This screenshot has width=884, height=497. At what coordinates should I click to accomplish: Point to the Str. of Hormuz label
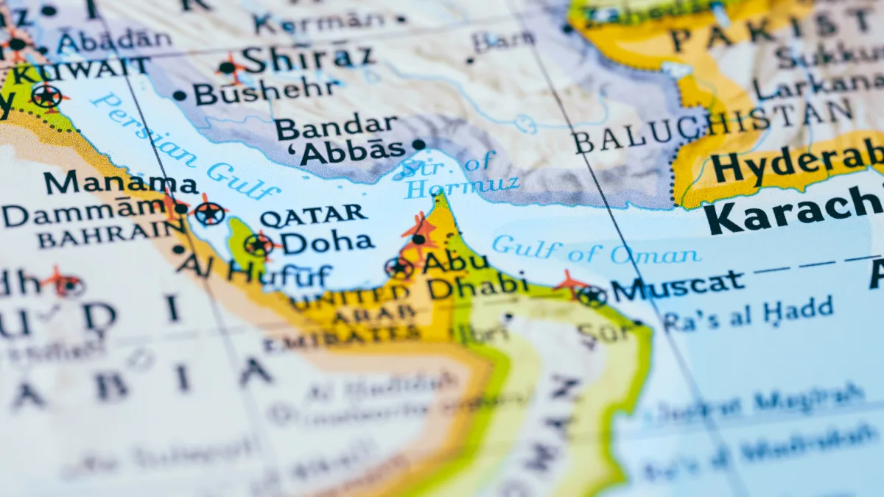click(x=457, y=176)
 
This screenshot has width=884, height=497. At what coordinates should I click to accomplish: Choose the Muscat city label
click(x=678, y=285)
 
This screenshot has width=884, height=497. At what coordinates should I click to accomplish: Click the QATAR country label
click(x=313, y=216)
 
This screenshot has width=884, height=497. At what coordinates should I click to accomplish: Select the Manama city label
click(x=121, y=183)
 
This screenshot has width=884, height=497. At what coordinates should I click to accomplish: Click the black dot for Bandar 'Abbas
click(x=419, y=144)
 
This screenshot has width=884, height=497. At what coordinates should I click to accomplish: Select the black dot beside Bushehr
click(x=179, y=95)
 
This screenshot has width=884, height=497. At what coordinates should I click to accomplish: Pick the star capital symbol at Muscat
click(x=591, y=296)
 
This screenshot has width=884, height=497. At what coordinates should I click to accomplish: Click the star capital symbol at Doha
click(x=258, y=245)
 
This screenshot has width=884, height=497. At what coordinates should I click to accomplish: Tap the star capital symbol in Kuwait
click(x=46, y=96)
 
